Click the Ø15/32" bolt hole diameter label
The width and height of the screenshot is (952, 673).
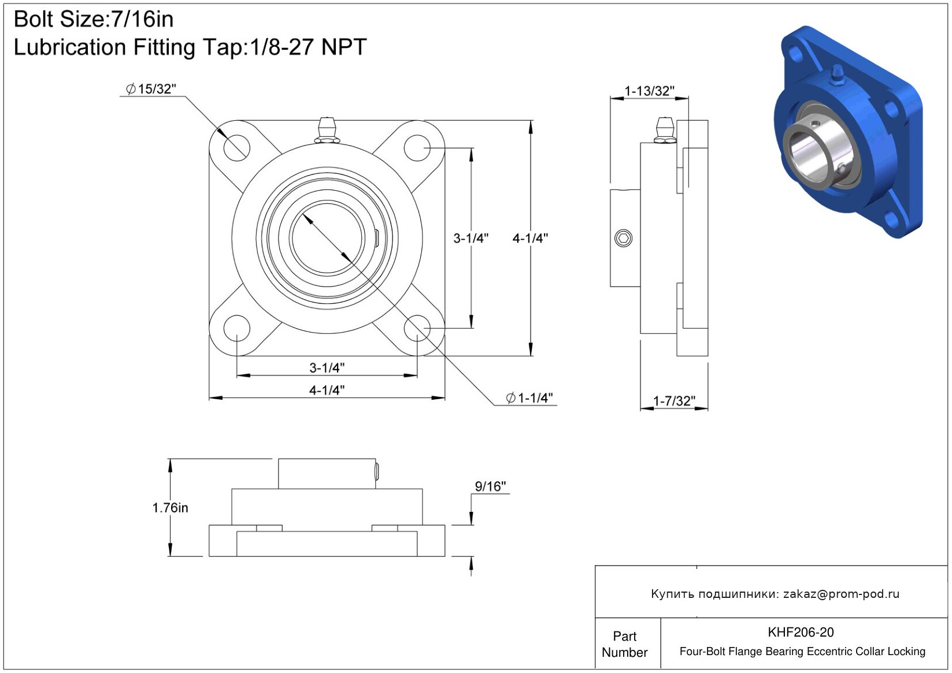click(150, 89)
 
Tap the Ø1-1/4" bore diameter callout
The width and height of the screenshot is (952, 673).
click(529, 397)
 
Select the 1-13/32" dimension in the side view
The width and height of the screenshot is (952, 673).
click(649, 91)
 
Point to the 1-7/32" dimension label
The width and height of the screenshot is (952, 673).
click(674, 401)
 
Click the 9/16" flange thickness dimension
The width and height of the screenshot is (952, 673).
click(490, 486)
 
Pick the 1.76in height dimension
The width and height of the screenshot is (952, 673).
click(170, 508)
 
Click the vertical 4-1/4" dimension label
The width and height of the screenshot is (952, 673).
click(530, 239)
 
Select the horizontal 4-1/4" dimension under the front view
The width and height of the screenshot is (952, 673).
click(327, 390)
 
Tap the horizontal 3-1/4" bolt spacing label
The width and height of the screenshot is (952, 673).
click(327, 367)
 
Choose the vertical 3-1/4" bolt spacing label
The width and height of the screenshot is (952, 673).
click(471, 239)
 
